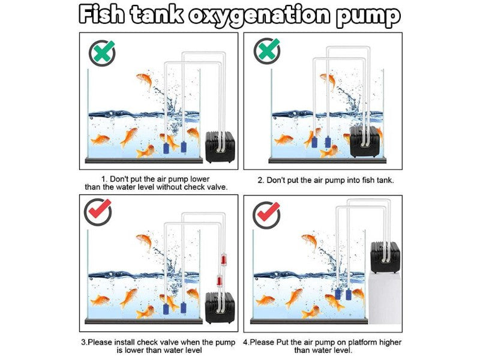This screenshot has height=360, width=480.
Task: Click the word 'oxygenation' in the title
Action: (259, 16)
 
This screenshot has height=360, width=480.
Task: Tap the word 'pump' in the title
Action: (368, 17)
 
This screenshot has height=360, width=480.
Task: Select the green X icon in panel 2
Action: (267, 50)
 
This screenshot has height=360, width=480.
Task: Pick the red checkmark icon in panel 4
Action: (266, 215)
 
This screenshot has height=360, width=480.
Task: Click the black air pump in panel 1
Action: (220, 146)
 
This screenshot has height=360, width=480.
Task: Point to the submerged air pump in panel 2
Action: (366, 141)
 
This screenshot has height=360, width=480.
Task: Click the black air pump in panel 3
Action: (220, 307)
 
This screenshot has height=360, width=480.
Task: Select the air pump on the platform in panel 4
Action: (385, 257)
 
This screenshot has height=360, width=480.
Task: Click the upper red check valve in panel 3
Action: (223, 259)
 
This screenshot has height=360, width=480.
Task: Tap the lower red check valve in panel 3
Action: (219, 281)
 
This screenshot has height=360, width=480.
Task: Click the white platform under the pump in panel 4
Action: (385, 298)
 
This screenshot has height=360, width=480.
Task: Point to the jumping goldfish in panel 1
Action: (145, 81)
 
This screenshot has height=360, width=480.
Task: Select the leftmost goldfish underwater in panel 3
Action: (100, 300)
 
